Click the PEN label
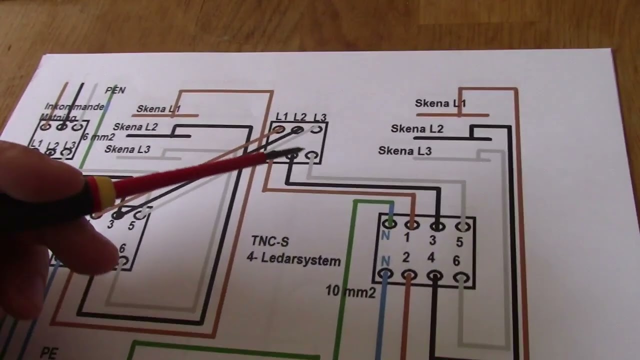[115, 90]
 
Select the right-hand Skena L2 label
[417, 129]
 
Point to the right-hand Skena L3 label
[404, 150]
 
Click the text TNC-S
[270, 242]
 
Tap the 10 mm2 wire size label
[350, 291]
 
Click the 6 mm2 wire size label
[99, 137]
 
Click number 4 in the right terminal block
[431, 258]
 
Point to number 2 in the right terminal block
[406, 258]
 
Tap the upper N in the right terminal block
[385, 235]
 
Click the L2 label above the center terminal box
[299, 117]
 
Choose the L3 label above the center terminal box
[320, 118]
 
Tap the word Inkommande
[74, 106]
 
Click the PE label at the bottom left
[48, 353]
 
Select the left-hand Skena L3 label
[127, 149]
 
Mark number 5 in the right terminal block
[459, 242]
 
